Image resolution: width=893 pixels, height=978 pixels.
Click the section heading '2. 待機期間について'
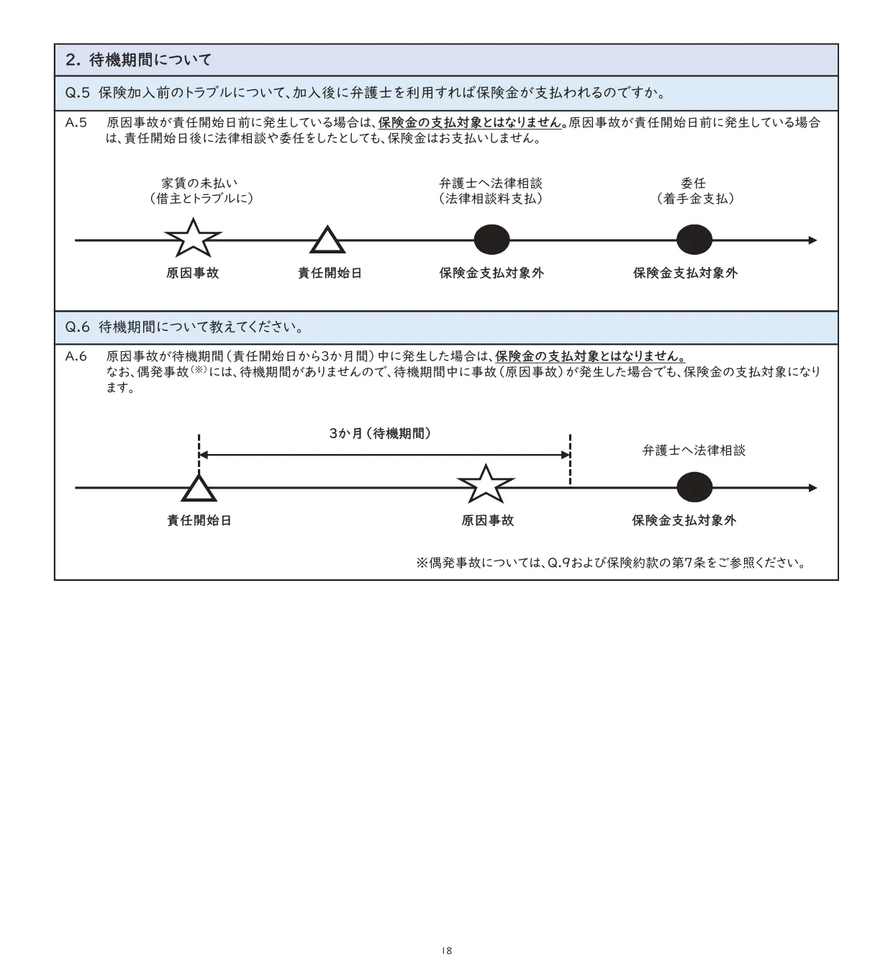(139, 60)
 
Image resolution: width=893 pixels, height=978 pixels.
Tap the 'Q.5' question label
(77, 93)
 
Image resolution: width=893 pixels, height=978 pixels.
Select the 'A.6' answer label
(76, 356)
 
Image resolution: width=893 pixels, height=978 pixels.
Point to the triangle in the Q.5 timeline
(327, 241)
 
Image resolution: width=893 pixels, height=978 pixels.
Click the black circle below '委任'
(694, 240)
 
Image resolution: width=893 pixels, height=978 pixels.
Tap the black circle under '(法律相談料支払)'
(492, 240)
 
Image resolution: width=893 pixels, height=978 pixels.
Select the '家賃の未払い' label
(199, 184)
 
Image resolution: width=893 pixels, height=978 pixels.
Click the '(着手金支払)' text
(695, 199)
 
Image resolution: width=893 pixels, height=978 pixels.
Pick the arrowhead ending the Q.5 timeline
(812, 240)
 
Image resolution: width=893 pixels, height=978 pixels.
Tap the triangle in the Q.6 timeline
(199, 489)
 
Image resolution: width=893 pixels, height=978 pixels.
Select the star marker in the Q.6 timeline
(486, 485)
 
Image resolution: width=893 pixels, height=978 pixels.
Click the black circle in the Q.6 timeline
(694, 488)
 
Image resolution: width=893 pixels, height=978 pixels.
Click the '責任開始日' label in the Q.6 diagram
(199, 520)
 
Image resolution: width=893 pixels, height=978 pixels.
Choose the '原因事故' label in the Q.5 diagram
(193, 273)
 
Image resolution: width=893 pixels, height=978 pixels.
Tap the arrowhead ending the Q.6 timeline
(812, 488)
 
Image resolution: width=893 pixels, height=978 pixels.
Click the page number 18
(446, 951)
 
